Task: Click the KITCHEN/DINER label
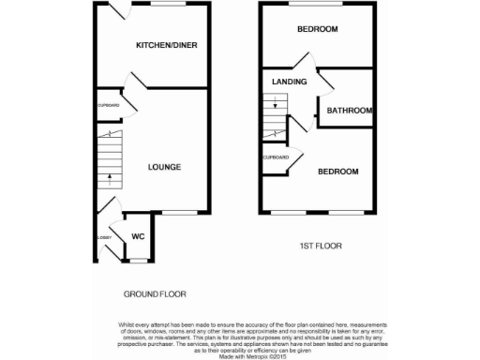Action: coord(167,45)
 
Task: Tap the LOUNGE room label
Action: coord(164,167)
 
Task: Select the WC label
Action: coord(138,236)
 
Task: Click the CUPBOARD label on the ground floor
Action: coord(109,105)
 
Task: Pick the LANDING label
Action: coord(290,82)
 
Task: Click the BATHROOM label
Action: coord(350,111)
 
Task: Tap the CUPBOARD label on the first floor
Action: coord(275,157)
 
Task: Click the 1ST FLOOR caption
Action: coord(321,246)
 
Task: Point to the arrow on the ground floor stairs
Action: coord(109,177)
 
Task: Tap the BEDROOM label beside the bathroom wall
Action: coord(318,29)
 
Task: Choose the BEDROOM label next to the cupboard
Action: coord(337,172)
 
